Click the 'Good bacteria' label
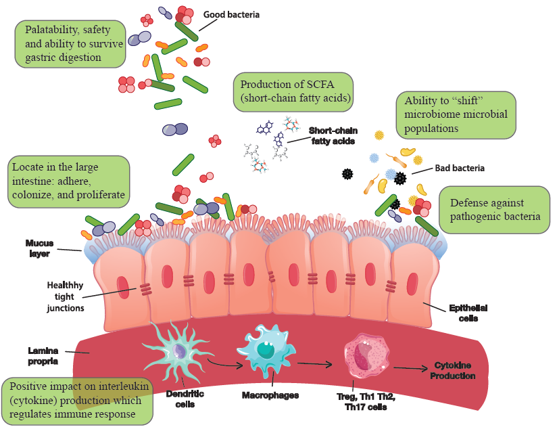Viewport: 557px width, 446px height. tap(231, 14)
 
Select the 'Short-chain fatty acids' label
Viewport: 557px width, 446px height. tap(333, 135)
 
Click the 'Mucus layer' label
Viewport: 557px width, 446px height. tap(40, 248)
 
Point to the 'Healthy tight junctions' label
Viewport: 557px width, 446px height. tap(66, 296)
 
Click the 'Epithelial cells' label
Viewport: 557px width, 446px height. tap(468, 313)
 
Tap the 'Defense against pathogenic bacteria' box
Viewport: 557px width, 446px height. tap(494, 210)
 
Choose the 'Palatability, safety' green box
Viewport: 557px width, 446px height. tap(71, 43)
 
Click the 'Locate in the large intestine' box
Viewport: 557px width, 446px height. tap(68, 181)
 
